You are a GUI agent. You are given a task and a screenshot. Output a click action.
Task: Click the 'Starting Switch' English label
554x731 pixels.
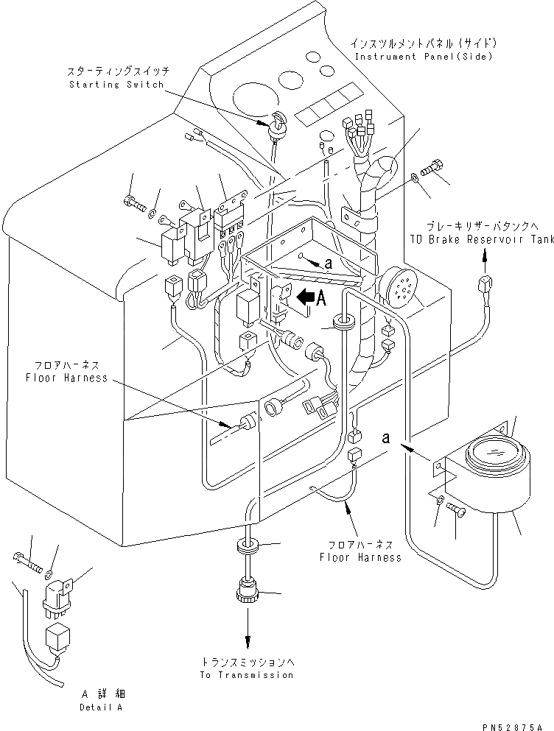116,85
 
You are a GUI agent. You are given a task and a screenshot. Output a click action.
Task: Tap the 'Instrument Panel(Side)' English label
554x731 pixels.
424,57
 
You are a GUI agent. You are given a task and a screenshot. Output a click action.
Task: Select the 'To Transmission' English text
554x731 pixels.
247,674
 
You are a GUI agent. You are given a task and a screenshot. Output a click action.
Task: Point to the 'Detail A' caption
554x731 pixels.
101,707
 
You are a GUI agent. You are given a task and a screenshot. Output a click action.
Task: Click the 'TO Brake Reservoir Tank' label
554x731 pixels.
482,239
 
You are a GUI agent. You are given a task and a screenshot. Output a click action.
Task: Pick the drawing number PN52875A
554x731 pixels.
513,727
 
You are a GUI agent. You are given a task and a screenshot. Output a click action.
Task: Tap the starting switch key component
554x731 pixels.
276,123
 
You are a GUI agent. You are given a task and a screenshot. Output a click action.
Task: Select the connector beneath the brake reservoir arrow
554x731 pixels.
486,285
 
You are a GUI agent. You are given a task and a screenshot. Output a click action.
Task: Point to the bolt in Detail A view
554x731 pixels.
27,562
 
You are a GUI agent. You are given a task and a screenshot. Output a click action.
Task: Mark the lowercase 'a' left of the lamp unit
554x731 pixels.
386,438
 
